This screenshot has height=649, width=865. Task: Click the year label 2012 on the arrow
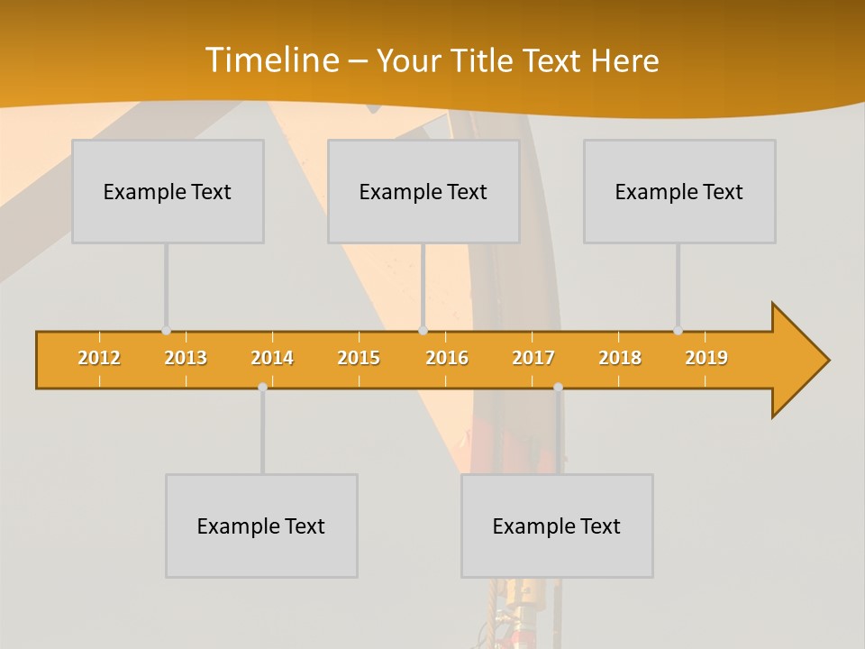point(99,358)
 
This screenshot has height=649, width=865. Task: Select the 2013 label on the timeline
point(186,358)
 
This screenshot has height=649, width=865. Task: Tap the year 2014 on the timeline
point(272,358)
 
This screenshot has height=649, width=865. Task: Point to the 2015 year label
point(359,358)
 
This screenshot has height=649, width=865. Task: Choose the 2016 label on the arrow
point(447,358)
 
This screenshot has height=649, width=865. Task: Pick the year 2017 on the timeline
point(533,358)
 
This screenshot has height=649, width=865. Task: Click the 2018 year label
point(620,358)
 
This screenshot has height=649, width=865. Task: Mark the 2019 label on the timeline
point(706,358)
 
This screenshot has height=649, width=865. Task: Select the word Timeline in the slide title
point(271,60)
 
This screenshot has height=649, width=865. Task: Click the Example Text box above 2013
point(168,191)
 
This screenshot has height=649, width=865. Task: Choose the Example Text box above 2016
point(423,191)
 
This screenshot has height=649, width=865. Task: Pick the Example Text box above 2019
point(679,191)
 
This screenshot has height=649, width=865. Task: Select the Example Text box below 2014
point(261,526)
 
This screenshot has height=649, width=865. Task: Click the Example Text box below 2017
point(557,526)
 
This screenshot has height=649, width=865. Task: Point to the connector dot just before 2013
point(166,331)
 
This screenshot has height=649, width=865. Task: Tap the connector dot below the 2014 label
point(262,387)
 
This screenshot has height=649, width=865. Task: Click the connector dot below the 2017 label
point(558,387)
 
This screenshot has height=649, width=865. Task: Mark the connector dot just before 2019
point(678,331)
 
